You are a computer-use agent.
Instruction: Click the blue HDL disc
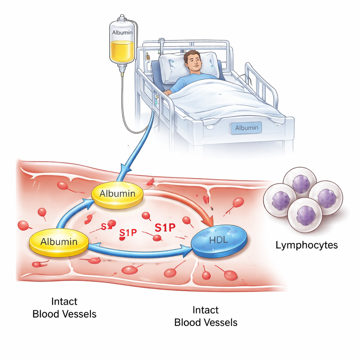click(x=219, y=241)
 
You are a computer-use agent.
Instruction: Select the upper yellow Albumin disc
click(x=117, y=194)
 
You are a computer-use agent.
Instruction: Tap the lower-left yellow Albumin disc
click(x=59, y=242)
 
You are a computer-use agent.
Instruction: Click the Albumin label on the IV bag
click(x=122, y=32)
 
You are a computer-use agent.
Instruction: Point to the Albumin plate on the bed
click(x=246, y=128)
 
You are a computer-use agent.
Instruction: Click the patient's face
click(x=194, y=62)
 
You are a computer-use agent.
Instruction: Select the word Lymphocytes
click(x=307, y=245)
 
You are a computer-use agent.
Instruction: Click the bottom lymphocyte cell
click(x=305, y=215)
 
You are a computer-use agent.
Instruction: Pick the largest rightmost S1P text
click(x=165, y=228)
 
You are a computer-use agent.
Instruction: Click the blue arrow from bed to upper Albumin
click(x=141, y=144)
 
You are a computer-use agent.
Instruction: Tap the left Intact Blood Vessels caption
click(x=64, y=308)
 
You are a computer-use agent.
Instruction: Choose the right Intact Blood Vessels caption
click(x=206, y=316)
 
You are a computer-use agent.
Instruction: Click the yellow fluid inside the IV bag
click(x=122, y=51)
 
